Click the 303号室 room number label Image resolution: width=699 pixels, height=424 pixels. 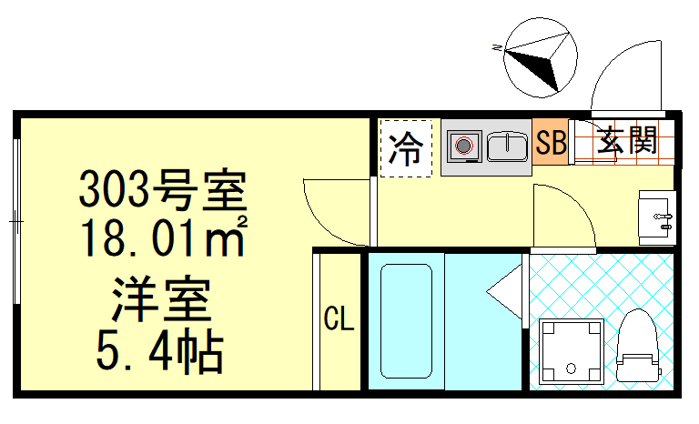pos(162,191)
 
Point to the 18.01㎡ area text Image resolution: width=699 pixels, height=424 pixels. pos(162,238)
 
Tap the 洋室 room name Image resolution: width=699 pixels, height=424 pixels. pos(162,298)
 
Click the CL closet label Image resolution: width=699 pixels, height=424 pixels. pos(339,319)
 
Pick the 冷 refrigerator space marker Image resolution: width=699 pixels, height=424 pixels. pos(405,148)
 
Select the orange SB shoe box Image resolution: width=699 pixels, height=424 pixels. pos(551,144)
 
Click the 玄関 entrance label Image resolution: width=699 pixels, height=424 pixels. pos(627,141)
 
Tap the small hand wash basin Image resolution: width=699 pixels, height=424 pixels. pos(656,217)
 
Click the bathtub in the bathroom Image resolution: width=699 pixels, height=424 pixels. pos(405,323)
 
